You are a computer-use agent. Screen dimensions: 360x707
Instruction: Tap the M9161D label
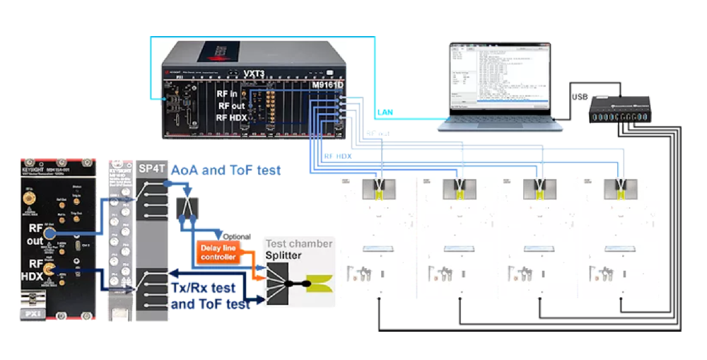click(x=327, y=86)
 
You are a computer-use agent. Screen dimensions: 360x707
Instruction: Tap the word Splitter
click(x=283, y=255)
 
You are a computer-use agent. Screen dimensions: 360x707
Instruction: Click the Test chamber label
click(x=298, y=243)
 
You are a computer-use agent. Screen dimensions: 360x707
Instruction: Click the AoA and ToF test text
click(x=226, y=170)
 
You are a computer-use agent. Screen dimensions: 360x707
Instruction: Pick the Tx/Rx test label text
click(x=209, y=289)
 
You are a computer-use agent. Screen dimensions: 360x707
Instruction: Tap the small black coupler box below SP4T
click(x=187, y=207)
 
